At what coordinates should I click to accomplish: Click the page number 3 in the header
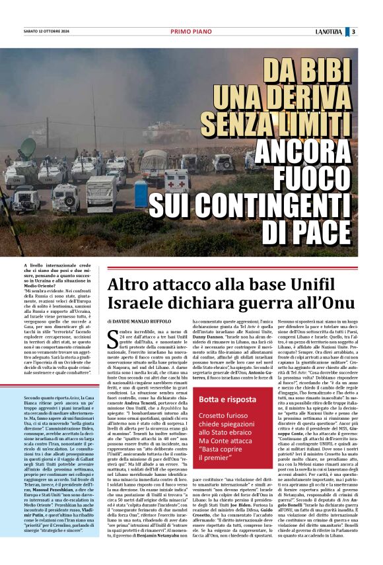tap(372, 31)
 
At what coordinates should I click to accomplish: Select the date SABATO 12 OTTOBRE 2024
tap(47, 31)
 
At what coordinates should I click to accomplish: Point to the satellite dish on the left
tap(28, 147)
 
